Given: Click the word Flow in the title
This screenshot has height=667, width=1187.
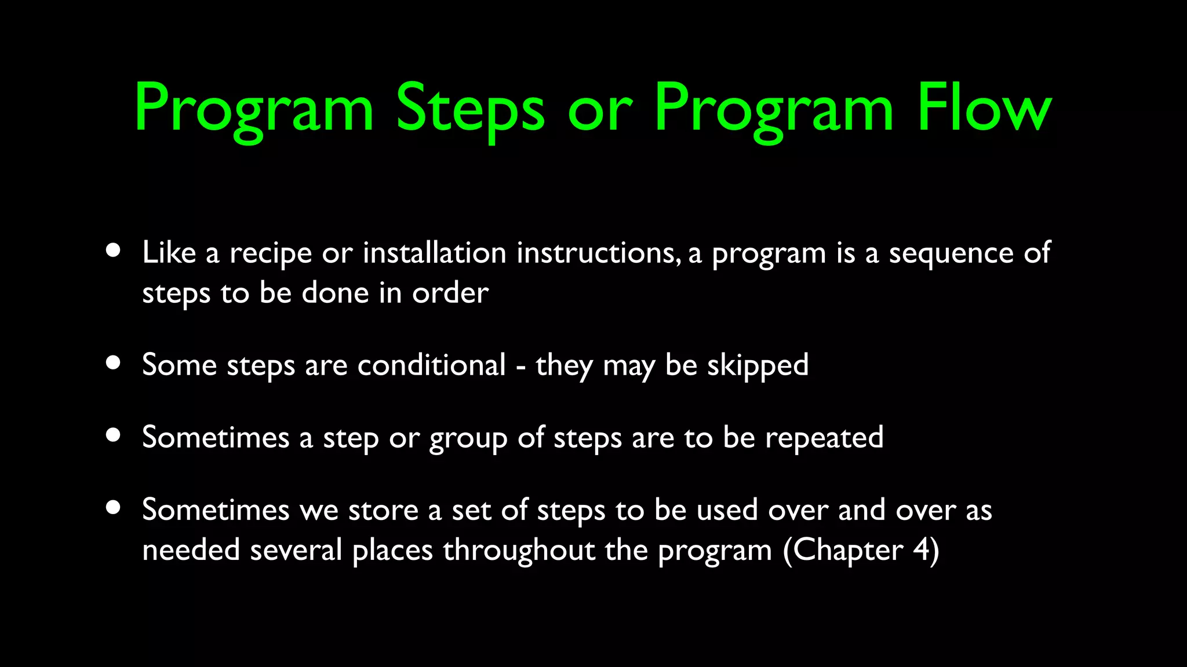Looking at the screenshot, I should coord(984,108).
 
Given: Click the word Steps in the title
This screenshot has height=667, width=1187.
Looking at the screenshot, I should coord(469,108).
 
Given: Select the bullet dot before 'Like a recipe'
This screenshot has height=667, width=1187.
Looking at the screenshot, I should coord(114,251).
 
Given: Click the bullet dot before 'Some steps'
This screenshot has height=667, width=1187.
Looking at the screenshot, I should coord(114,363).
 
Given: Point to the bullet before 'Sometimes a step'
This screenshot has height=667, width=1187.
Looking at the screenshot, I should coord(114,435).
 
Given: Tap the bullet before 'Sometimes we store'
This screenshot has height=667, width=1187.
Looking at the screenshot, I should coord(114,508).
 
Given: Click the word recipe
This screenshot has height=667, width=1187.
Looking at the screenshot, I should coord(271,254).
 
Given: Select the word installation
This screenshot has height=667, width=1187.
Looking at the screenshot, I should coord(434,252).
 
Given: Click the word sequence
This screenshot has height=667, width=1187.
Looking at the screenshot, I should coord(951,254).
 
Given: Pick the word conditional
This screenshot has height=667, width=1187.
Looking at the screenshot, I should coord(431,365).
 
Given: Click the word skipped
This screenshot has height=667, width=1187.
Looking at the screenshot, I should coord(757,366).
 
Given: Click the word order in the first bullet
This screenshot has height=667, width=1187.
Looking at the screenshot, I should coord(450,293).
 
